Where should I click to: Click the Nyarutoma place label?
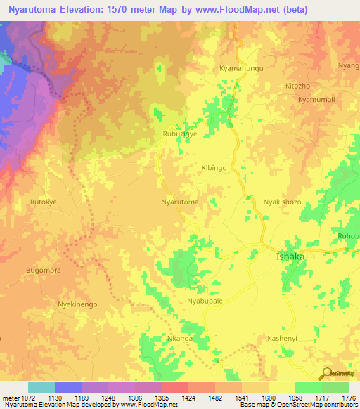pos(179,202)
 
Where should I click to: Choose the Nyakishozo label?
pos(282,202)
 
